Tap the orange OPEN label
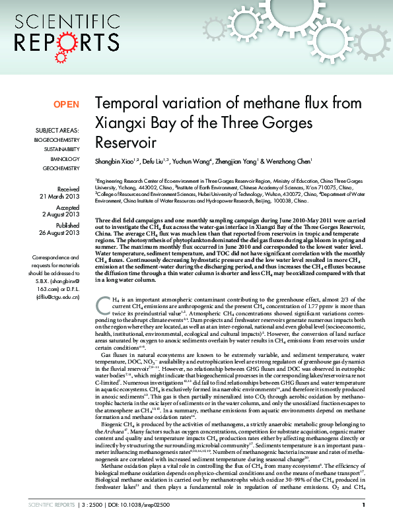pos(66,104)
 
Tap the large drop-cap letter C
pos(102,304)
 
